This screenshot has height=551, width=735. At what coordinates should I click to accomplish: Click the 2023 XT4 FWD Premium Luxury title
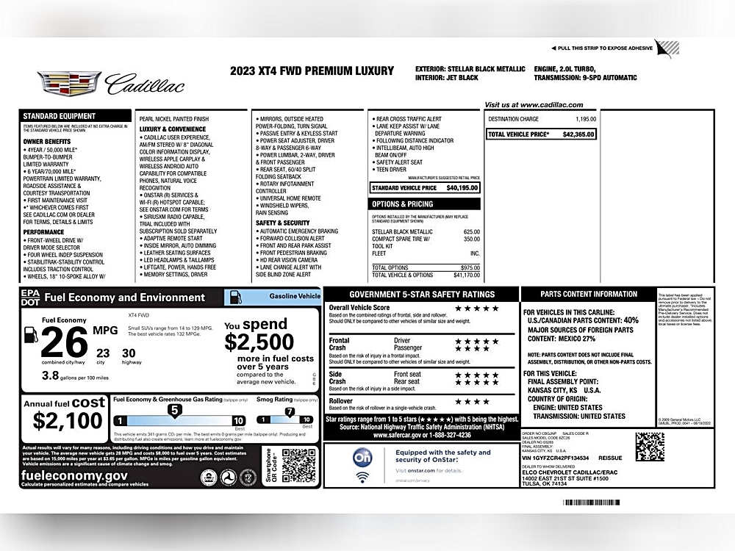coord(312,71)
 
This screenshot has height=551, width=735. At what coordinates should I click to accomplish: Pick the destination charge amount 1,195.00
coord(586,119)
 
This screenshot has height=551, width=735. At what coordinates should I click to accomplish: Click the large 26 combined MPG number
coord(65,342)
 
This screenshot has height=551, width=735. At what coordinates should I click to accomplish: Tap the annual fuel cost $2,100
coord(68,421)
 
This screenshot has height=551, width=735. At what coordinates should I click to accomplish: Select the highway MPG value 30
coord(129,353)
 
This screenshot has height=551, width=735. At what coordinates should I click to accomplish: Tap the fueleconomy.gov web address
coord(74,475)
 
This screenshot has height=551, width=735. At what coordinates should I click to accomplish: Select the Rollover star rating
coord(471,402)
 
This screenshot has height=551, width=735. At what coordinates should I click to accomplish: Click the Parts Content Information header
coord(589,294)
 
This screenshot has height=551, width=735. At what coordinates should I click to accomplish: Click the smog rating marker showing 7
coord(290,411)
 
